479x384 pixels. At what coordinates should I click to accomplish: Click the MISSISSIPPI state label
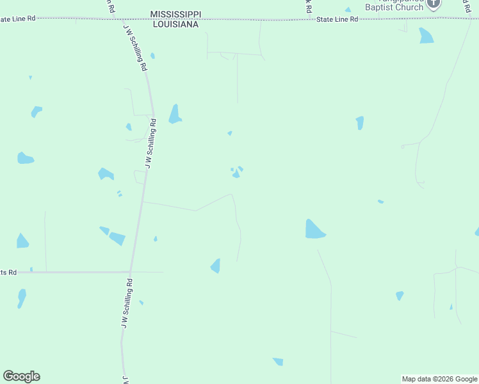pyautogui.click(x=175, y=14)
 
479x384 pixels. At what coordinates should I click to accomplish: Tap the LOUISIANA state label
pyautogui.click(x=175, y=24)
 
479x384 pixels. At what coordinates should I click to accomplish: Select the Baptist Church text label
pyautogui.click(x=394, y=8)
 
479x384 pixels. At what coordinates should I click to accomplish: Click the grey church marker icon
pyautogui.click(x=434, y=3)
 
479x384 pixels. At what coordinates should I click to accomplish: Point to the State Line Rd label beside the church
pyautogui.click(x=337, y=20)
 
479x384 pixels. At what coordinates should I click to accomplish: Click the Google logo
pyautogui.click(x=21, y=376)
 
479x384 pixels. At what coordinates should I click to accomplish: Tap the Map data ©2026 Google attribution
pyautogui.click(x=439, y=379)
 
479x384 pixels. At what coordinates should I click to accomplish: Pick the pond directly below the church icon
pyautogui.click(x=426, y=36)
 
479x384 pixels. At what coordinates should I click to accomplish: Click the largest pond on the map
pyautogui.click(x=314, y=230)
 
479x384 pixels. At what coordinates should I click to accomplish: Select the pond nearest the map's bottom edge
pyautogui.click(x=278, y=362)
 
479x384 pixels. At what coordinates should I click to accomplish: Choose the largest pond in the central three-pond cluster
pyautogui.click(x=236, y=174)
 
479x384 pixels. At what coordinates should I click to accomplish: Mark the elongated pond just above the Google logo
pyautogui.click(x=22, y=298)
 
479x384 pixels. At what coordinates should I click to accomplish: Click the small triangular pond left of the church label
pyautogui.click(x=348, y=10)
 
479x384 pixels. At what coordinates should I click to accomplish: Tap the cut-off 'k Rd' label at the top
pyautogui.click(x=308, y=6)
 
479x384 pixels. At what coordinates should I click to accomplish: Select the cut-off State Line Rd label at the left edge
pyautogui.click(x=17, y=19)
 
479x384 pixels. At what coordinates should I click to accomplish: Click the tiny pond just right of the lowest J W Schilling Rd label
pyautogui.click(x=142, y=303)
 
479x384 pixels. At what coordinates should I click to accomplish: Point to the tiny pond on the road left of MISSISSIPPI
pyautogui.click(x=152, y=56)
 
